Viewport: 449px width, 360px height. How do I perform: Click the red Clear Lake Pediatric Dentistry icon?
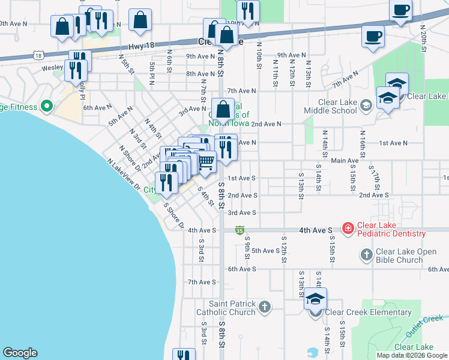tap(348, 229)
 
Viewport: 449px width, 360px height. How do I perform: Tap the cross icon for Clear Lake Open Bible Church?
tap(366, 256)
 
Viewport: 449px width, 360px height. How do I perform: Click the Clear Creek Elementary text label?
tap(368, 312)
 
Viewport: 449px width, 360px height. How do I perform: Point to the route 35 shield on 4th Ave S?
tap(240, 230)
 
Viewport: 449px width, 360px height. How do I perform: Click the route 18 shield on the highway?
tap(38, 55)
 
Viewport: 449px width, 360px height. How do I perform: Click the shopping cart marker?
tap(206, 161)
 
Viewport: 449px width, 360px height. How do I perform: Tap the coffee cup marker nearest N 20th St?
tap(400, 10)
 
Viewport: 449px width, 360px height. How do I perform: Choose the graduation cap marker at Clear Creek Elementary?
tap(315, 299)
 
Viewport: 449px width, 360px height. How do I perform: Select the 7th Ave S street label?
tap(201, 282)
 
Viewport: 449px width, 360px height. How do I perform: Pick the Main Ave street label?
tap(344, 161)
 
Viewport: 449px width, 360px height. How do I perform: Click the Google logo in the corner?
tap(20, 353)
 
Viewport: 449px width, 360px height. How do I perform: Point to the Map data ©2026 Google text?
tap(412, 355)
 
